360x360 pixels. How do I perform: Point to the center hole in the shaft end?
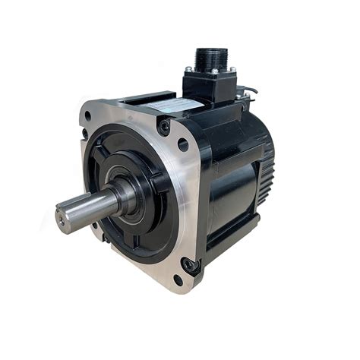pos(63,219)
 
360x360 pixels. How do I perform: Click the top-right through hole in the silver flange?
pos(182,144)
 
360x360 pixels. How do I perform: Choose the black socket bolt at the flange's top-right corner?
pos(164,127)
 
